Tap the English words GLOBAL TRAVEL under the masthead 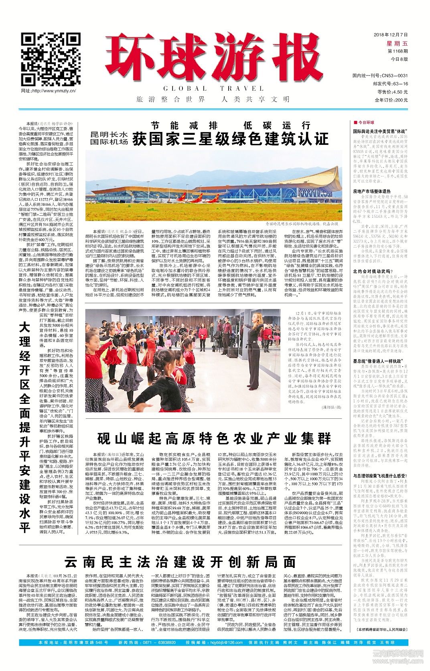coord(213,88)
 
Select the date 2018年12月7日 coord(390,35)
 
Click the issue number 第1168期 coord(397,51)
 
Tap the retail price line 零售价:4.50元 coord(393,92)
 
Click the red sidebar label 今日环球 coord(365,122)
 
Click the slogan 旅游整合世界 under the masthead coord(170,99)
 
